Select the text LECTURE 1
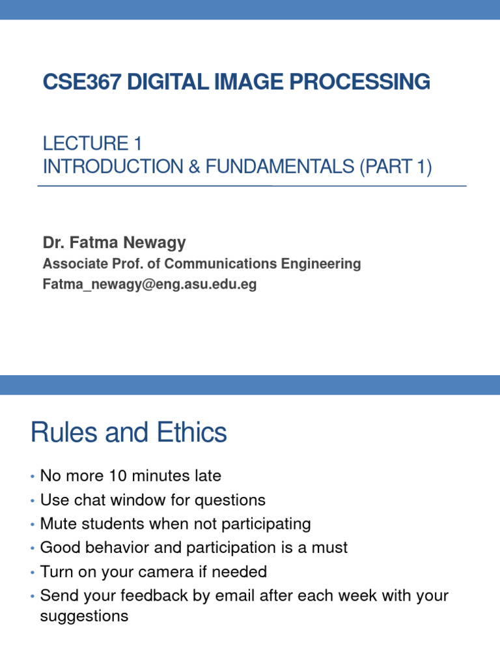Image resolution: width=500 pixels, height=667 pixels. (92, 143)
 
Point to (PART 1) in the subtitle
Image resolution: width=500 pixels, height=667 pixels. (395, 167)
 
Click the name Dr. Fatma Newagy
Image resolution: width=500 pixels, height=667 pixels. (114, 243)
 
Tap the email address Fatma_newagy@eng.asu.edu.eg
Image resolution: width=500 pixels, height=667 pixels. (149, 285)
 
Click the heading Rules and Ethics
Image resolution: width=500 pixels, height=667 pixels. (128, 433)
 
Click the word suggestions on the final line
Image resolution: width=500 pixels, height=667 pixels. (84, 616)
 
